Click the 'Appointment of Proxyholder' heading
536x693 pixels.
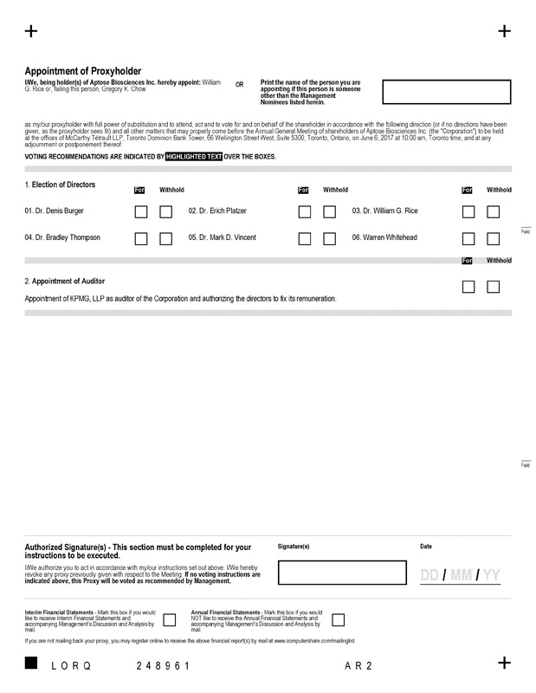[x=83, y=71]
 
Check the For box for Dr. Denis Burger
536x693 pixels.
[x=141, y=211]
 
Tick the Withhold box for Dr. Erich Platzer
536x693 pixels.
[x=330, y=211]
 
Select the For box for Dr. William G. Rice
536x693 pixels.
[x=468, y=211]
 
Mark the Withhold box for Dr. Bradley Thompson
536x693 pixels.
[x=166, y=238]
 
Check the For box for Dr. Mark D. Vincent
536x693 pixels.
[x=305, y=238]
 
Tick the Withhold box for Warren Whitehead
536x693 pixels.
[x=494, y=238]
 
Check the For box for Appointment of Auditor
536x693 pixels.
[x=468, y=287]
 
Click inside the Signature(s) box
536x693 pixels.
[x=344, y=573]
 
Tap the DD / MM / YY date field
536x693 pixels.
[x=460, y=576]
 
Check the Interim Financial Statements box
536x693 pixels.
[x=170, y=619]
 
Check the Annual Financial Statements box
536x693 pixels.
[x=339, y=619]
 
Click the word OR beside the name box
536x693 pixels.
[x=240, y=85]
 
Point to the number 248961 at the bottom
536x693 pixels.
[x=163, y=665]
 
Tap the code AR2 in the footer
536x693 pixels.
[x=358, y=665]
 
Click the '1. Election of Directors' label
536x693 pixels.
[x=60, y=185]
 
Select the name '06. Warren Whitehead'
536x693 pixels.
[x=386, y=237]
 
